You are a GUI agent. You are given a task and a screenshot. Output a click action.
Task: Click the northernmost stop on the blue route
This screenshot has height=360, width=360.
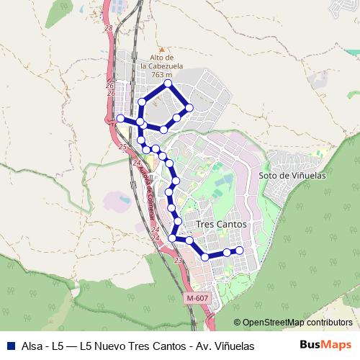pos(168,84)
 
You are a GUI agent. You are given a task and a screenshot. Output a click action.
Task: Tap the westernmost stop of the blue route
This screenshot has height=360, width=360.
pos(120,119)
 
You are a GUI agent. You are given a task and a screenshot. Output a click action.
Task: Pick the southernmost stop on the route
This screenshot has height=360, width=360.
pos(205,257)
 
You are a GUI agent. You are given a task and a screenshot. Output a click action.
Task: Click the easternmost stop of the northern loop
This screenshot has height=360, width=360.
pos(189,107)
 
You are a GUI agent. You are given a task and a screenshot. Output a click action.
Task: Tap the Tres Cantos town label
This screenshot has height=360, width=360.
pos(221,225)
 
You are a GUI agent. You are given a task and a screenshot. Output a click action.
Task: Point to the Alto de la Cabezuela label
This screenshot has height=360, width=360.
pos(162,62)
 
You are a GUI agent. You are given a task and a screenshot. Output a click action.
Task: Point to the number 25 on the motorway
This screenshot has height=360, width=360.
pos(122,147)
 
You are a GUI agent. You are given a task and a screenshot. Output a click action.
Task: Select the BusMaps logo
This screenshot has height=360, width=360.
pos(325,345)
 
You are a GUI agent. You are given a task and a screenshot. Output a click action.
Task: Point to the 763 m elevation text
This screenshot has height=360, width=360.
pos(162,76)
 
